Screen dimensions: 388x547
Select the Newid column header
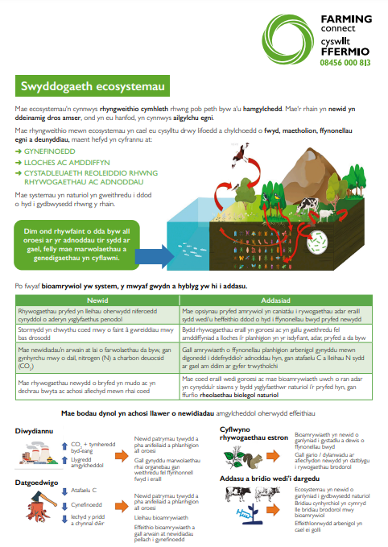98,299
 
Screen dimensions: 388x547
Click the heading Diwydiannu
35,430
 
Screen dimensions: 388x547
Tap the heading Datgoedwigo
36,483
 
